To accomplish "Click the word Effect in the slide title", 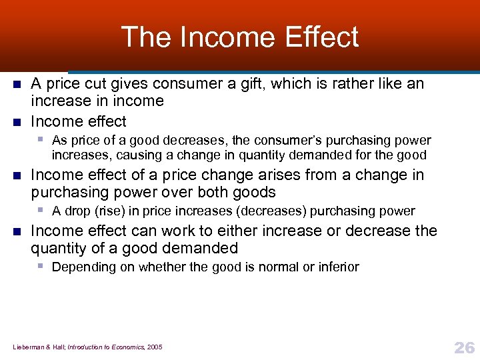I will [321, 37].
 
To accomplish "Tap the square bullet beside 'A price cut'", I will [17, 85].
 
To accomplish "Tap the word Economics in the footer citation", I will [126, 347].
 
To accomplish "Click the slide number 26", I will [463, 347].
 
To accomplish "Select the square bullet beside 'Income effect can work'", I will [17, 231].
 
